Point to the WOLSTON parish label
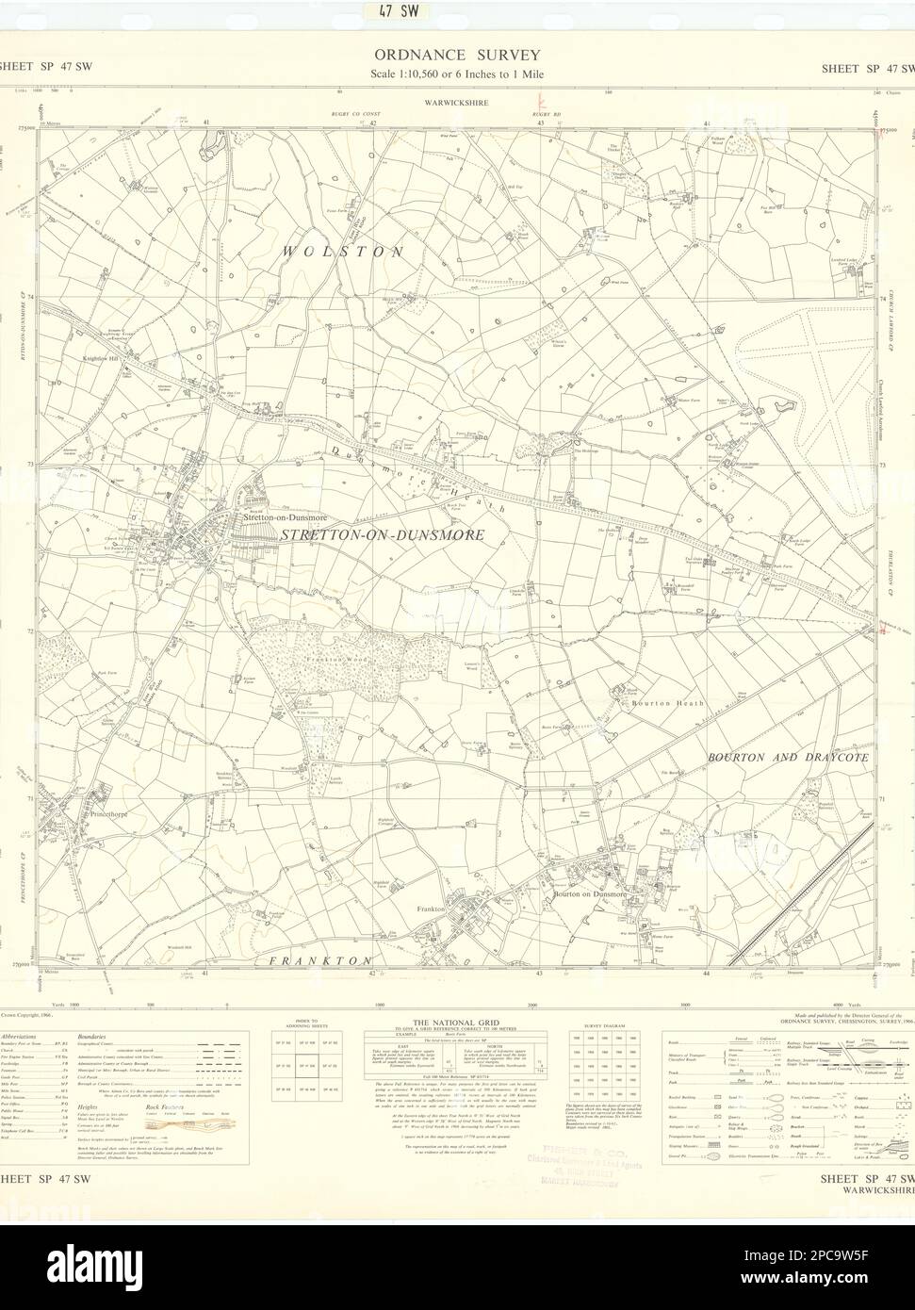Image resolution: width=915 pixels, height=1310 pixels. [340, 253]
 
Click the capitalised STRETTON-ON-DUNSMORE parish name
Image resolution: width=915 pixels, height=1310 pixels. [382, 535]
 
